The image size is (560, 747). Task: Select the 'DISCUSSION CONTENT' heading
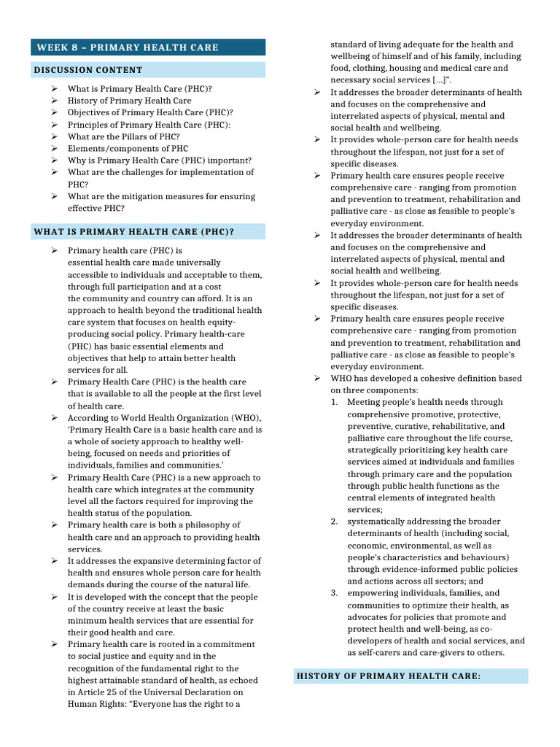pos(88,70)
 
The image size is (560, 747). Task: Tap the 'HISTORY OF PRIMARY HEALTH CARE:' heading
pos(389,676)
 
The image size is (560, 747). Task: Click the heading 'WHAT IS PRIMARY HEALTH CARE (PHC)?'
pos(134,232)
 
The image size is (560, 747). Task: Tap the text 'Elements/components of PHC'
pos(128,148)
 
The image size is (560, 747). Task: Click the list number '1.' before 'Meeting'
pos(334,402)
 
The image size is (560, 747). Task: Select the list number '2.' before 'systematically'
pos(334,522)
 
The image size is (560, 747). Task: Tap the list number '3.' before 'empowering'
pos(334,593)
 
